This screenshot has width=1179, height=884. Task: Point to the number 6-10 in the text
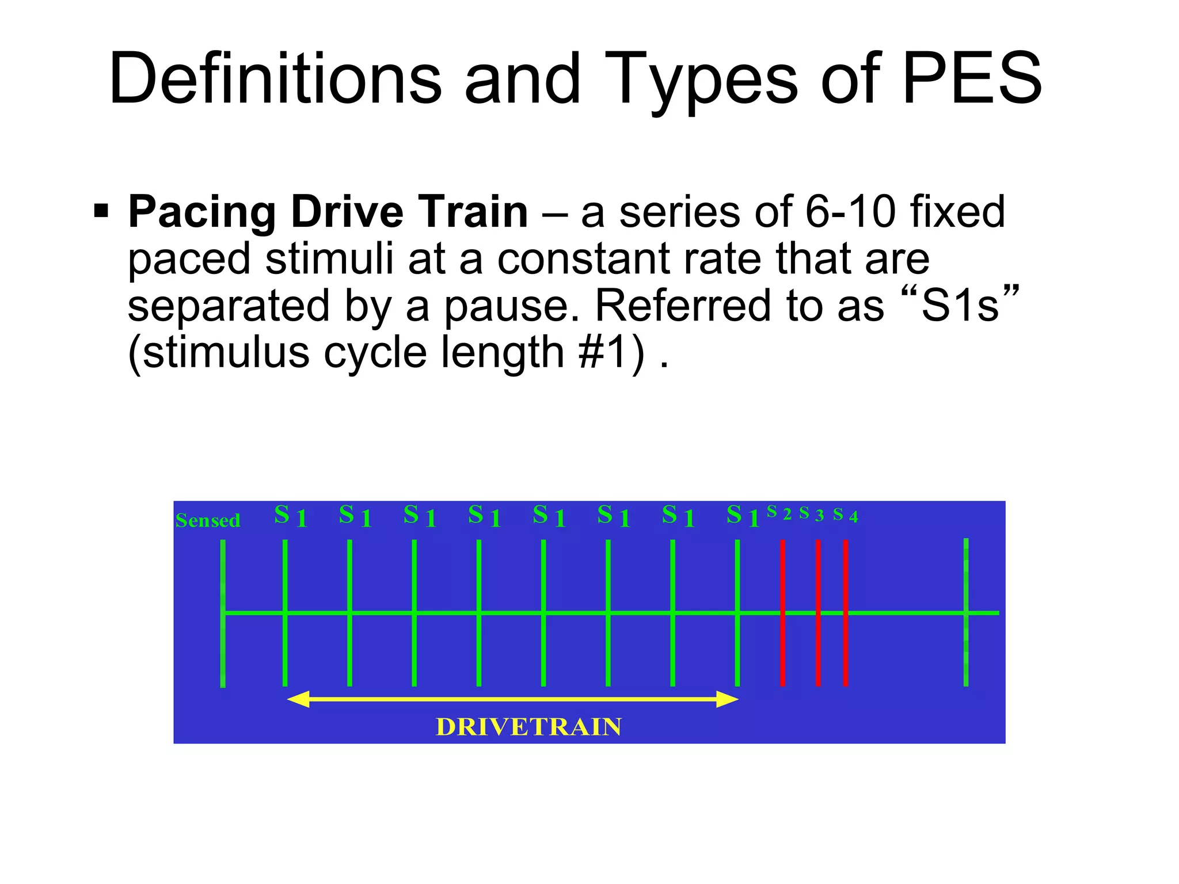tap(850, 212)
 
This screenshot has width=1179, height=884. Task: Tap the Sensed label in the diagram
tap(208, 520)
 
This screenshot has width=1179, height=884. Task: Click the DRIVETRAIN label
tap(528, 727)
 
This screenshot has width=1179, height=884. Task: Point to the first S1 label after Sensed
tap(290, 516)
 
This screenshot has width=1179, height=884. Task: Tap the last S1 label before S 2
tap(743, 516)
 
